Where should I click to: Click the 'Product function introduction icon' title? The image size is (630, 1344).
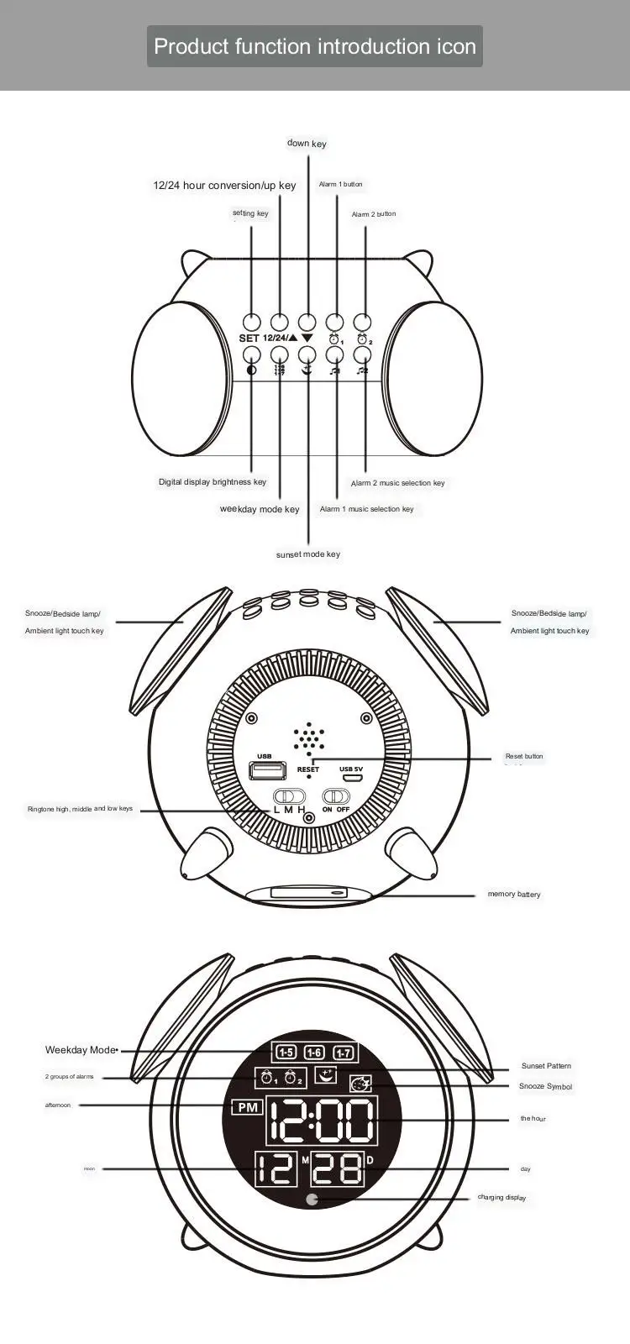315,46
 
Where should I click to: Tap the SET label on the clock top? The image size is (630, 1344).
249,339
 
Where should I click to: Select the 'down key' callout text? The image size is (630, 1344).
307,144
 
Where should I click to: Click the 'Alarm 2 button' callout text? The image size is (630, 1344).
374,214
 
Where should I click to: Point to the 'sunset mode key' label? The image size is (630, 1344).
308,554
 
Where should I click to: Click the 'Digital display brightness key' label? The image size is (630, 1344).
213,482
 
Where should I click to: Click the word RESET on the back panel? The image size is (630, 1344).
308,769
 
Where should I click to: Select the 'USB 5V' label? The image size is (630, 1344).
351,769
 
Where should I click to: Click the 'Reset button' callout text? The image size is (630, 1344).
524,757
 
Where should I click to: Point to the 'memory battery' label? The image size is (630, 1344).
514,895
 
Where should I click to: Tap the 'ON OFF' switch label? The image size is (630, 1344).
336,809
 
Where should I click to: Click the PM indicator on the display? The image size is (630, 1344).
247,1108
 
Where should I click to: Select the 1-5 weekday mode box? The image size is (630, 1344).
286,1053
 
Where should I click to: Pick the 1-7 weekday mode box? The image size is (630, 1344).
344,1053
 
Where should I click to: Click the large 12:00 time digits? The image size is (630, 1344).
321,1120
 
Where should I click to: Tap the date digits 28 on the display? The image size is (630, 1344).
337,1168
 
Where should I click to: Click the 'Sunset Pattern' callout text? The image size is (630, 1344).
546,1066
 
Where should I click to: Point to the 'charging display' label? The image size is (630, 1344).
501,1198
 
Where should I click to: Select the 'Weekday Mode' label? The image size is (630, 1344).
80,1050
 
